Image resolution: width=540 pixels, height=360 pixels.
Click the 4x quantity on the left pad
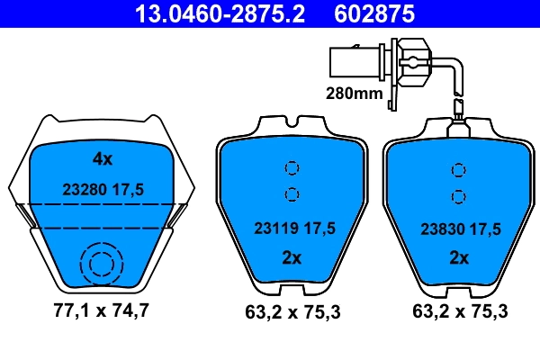point(103,159)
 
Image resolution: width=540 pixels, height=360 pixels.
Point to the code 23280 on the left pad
point(84,190)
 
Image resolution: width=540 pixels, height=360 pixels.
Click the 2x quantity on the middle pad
point(290,258)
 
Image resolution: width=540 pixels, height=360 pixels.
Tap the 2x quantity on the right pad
point(459,258)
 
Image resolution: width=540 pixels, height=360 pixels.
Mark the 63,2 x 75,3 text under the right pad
point(459,313)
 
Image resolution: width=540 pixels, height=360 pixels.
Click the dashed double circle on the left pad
point(99,264)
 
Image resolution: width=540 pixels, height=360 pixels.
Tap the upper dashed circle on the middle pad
point(291,168)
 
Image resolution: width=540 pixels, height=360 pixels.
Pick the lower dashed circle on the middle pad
point(291,193)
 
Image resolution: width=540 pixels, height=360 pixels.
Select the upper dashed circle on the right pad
point(459,168)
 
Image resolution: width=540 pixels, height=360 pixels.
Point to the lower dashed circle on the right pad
point(459,194)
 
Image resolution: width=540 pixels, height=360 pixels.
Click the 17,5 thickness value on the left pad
point(130,190)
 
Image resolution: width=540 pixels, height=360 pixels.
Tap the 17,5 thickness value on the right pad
point(484,229)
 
